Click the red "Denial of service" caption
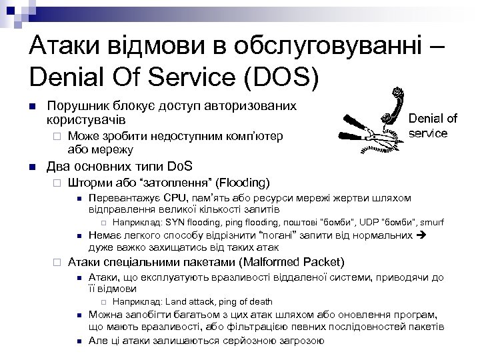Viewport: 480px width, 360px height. point(433,125)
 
